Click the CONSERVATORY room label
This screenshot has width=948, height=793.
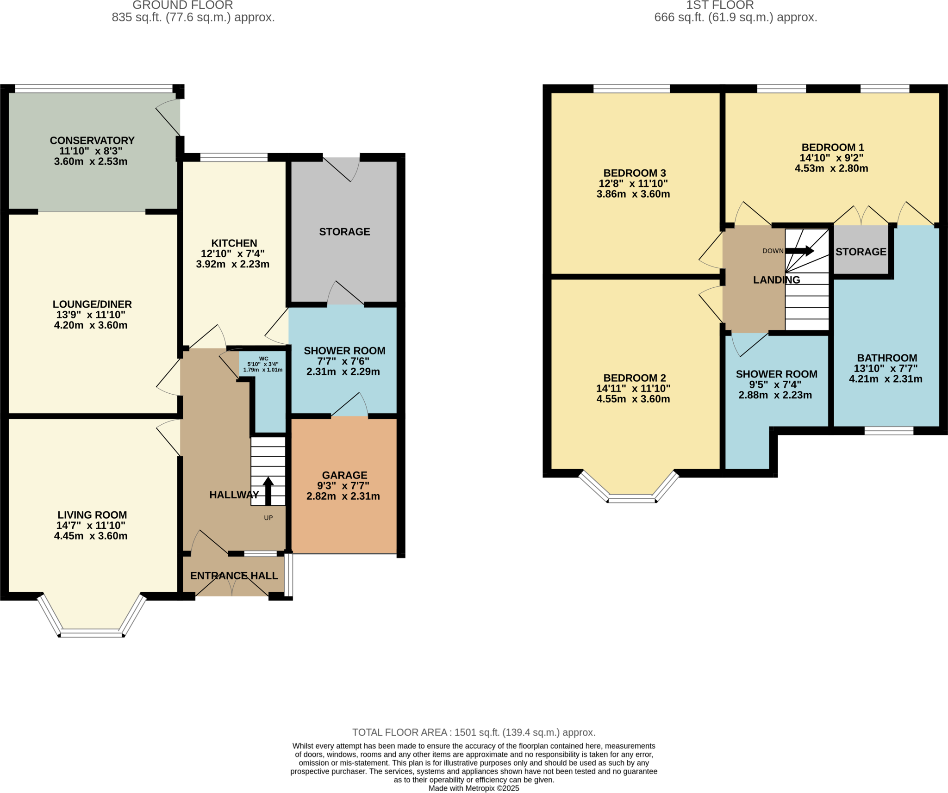click(92, 140)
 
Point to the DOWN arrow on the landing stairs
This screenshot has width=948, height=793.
click(799, 251)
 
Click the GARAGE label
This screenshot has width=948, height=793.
click(344, 475)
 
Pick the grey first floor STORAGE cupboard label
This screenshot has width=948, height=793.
click(861, 252)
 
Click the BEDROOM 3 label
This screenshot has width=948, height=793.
click(634, 173)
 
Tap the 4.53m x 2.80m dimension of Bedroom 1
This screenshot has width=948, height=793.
click(831, 168)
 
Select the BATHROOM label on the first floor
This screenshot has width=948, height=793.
click(886, 358)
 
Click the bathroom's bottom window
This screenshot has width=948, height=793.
click(889, 431)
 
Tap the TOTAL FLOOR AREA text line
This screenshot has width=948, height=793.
click(474, 732)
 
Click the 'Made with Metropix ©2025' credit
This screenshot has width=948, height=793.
click(474, 788)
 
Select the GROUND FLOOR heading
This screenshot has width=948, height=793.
click(182, 6)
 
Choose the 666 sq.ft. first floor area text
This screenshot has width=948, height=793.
click(735, 18)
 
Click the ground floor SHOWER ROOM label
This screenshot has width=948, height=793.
click(344, 351)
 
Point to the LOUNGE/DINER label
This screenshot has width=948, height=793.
click(92, 304)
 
